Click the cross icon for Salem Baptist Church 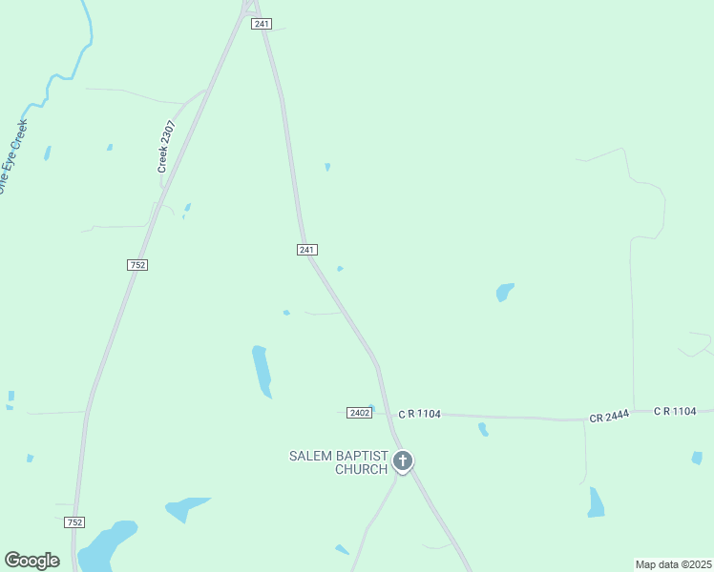point(403,462)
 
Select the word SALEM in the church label point(309,456)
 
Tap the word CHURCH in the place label point(361,469)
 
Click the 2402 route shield point(358,413)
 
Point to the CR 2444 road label point(609,417)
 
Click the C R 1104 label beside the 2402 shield point(420,413)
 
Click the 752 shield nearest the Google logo point(75,522)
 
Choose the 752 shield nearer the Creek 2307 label point(137,264)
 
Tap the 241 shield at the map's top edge point(262,24)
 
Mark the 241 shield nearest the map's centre point(306,250)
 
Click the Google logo point(31,561)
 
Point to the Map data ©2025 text point(674,564)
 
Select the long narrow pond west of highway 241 point(261,371)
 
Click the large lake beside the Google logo point(105,546)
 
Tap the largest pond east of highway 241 point(504,292)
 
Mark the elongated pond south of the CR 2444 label point(596,502)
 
